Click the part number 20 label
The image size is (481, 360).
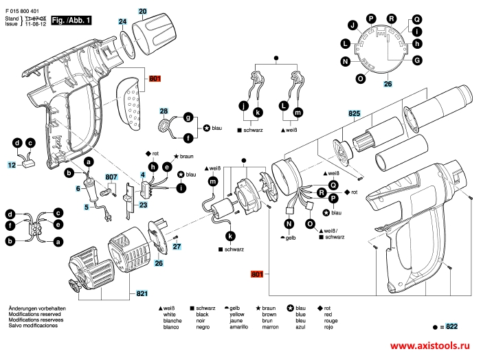(x=143, y=12)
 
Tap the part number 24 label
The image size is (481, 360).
(x=123, y=23)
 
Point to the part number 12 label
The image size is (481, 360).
(x=12, y=165)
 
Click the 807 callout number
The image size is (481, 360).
(x=111, y=178)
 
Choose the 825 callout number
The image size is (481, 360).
(x=355, y=113)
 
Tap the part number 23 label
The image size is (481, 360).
(x=143, y=205)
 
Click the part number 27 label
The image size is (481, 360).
(x=176, y=246)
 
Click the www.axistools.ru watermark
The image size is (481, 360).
(x=434, y=348)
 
